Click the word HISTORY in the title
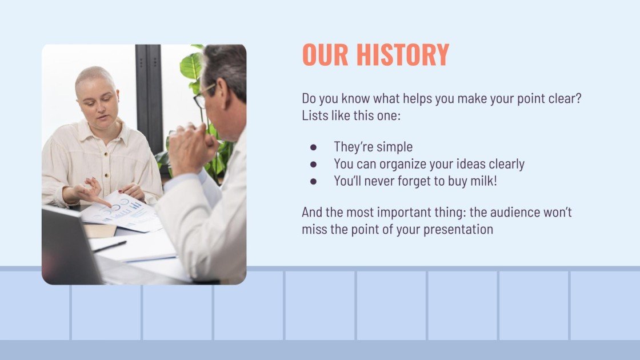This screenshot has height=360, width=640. tap(402, 55)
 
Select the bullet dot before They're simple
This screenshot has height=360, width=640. tap(313, 147)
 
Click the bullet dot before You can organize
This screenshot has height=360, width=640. tap(313, 165)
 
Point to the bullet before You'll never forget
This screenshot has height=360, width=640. tap(313, 182)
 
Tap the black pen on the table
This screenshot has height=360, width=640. tap(109, 246)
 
